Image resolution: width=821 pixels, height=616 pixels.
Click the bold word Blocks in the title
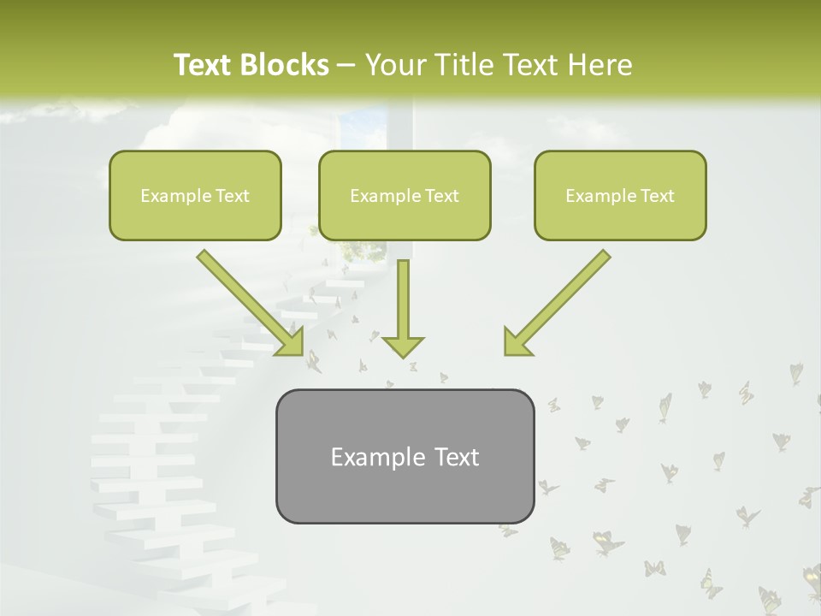pos(286,65)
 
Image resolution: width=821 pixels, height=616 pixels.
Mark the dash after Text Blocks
pos(346,66)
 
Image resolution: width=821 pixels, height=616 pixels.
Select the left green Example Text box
pos(195,195)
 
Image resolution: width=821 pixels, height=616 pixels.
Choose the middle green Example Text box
pos(405,195)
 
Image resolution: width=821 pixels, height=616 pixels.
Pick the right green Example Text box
pos(620,195)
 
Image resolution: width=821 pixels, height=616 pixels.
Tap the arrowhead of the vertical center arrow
pos(403,346)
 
